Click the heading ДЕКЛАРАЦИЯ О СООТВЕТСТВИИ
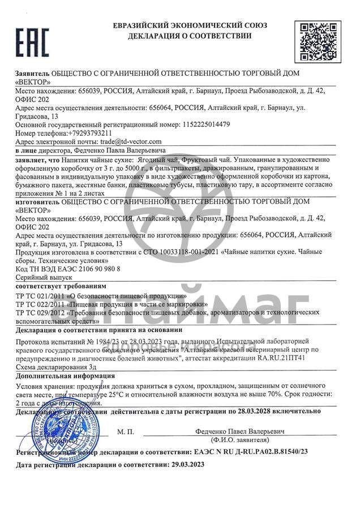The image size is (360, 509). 190,36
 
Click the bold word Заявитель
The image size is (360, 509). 32,74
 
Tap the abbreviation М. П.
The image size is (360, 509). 126,432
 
